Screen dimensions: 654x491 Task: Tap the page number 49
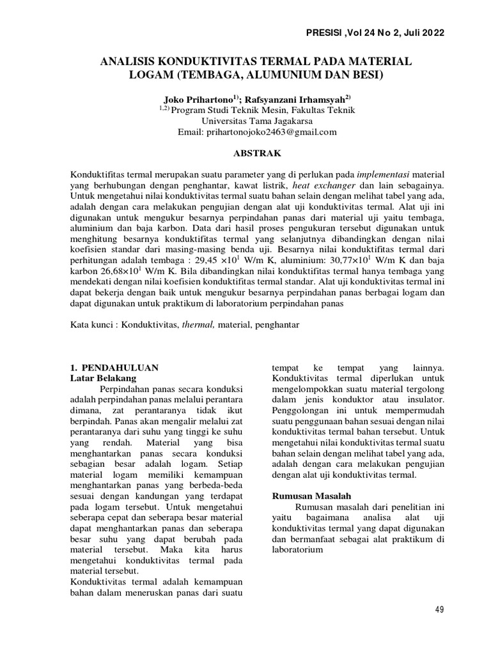439,609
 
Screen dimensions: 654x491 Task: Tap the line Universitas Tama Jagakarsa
254,121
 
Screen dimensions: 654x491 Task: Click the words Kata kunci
90,324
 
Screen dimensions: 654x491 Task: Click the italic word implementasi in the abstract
384,174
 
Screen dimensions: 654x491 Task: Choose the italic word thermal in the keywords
198,324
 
